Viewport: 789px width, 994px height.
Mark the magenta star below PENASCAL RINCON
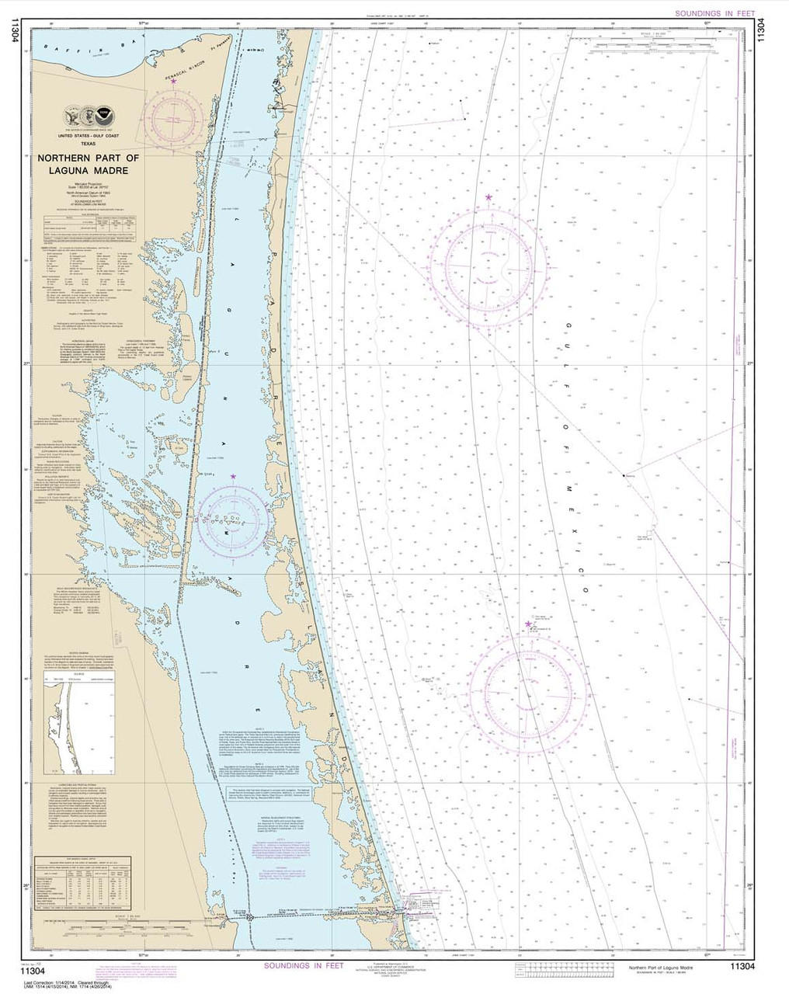pyautogui.click(x=174, y=81)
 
